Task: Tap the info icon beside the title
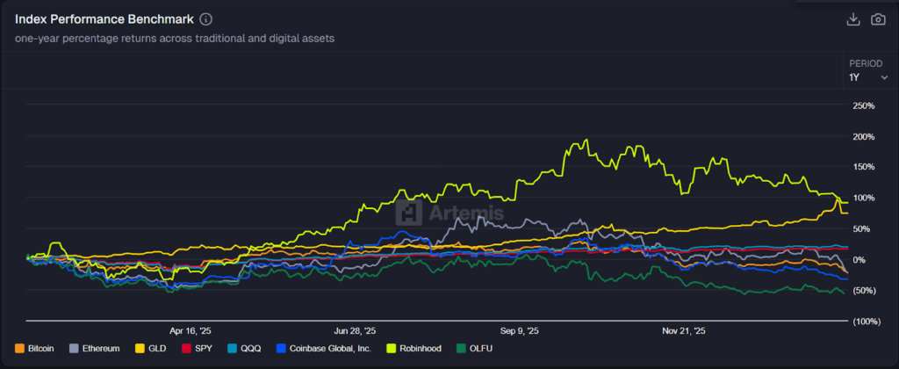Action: coord(205,19)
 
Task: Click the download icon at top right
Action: coord(852,19)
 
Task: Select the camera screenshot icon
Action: coord(877,19)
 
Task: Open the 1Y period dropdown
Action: coord(867,77)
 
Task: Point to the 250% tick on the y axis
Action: coord(864,106)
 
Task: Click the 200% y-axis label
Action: coord(864,137)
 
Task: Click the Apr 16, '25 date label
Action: coord(191,331)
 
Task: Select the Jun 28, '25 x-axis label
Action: coord(356,331)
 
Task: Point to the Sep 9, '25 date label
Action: coord(519,331)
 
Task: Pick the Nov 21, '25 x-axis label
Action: coord(683,331)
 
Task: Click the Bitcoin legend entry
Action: coord(35,348)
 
